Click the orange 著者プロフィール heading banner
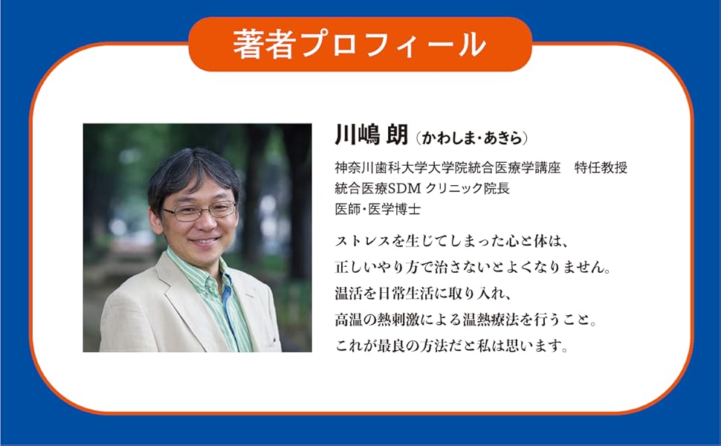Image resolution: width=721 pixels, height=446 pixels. [360, 44]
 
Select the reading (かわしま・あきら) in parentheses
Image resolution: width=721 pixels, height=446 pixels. [473, 138]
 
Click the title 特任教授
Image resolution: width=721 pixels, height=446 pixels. [601, 168]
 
